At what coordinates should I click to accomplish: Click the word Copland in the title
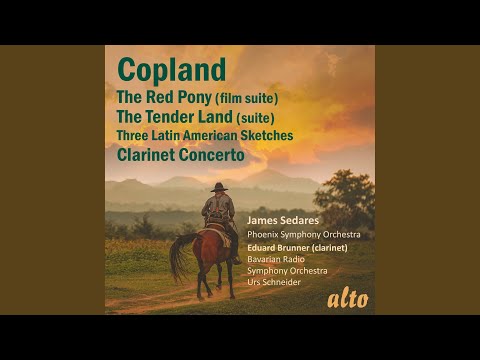coord(171,71)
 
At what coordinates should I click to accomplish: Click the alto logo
coord(347,298)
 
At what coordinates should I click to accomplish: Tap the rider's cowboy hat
coord(218,187)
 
